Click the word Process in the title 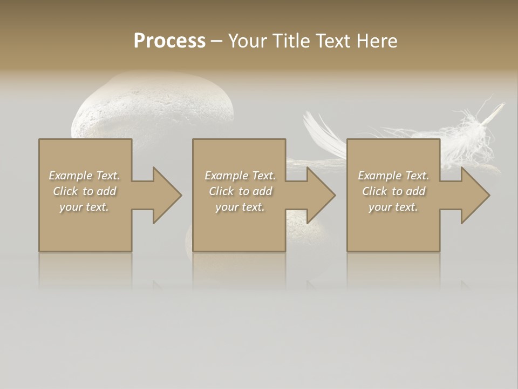pyautogui.click(x=169, y=41)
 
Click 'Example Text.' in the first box pyautogui.click(x=85, y=176)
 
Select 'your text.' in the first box pyautogui.click(x=85, y=207)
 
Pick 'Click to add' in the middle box pyautogui.click(x=240, y=191)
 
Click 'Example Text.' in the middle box pyautogui.click(x=240, y=176)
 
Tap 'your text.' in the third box pyautogui.click(x=393, y=207)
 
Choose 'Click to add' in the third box pyautogui.click(x=393, y=191)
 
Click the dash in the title pyautogui.click(x=217, y=41)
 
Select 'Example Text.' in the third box pyautogui.click(x=393, y=176)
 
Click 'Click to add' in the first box pyautogui.click(x=85, y=191)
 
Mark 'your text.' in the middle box pyautogui.click(x=240, y=207)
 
